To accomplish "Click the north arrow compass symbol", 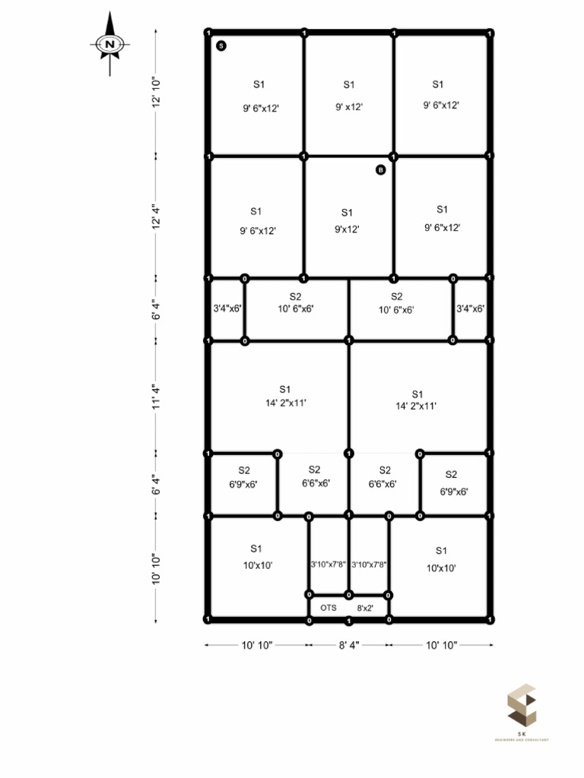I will (x=110, y=44).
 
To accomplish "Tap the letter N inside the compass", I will (x=110, y=45).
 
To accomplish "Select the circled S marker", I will (x=221, y=46).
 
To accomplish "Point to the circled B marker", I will (x=381, y=170).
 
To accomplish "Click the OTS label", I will (x=328, y=608).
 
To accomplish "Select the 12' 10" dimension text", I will (x=156, y=93).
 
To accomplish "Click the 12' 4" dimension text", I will (x=156, y=217).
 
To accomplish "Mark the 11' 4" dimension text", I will (x=156, y=397).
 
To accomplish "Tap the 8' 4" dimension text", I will (x=348, y=645).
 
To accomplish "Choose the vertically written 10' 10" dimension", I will (x=156, y=568).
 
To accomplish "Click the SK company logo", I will (x=522, y=706).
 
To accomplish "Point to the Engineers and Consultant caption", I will (x=522, y=739).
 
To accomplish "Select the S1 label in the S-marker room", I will (x=259, y=84).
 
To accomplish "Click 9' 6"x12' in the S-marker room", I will (x=261, y=109).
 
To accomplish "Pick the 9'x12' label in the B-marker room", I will (x=347, y=229).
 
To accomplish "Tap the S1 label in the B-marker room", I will (x=347, y=213).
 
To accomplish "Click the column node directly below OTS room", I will (x=349, y=621).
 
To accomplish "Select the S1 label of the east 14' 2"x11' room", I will (x=417, y=394).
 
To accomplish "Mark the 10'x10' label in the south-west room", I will (x=258, y=565).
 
